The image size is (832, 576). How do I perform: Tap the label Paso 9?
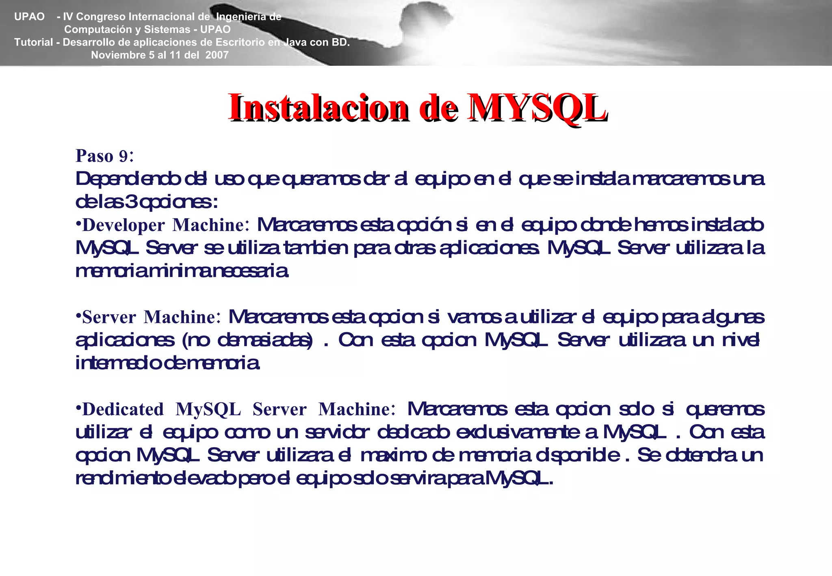click(105, 156)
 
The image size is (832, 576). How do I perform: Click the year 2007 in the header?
click(217, 55)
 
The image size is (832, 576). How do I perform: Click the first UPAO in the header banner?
click(29, 17)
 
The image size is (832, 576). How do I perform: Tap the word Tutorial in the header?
click(34, 42)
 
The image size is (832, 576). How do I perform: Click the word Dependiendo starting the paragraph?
click(128, 179)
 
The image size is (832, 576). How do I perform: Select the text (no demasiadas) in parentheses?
click(247, 340)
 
